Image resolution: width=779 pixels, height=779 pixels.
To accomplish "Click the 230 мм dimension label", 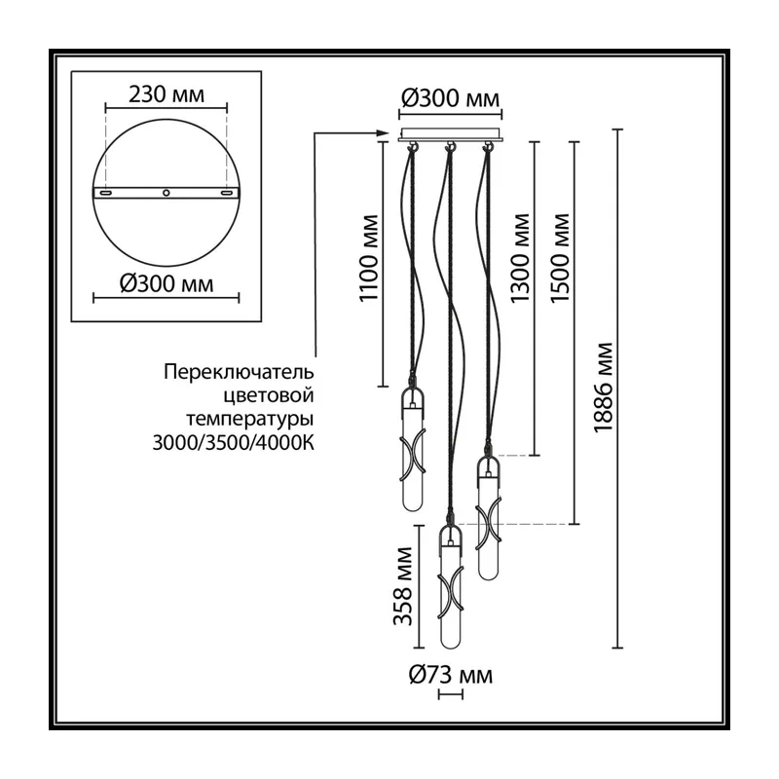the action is point(167,93).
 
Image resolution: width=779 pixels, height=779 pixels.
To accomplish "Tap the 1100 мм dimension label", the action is point(369,258).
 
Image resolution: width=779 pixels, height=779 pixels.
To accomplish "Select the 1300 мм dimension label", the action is point(520,258).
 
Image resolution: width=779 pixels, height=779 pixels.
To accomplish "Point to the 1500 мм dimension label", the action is point(559,258).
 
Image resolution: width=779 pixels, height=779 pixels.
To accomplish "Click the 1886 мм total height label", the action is point(604,388).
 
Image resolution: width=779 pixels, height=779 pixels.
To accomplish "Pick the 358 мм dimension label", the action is point(403,586).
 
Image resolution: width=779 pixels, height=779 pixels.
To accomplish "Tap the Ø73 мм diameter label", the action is point(451,675).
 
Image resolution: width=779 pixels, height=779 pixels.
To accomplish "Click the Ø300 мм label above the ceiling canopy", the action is point(450,98).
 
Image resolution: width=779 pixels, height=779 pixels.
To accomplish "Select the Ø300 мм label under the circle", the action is point(167,283).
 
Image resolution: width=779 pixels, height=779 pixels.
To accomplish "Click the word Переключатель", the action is point(239,372).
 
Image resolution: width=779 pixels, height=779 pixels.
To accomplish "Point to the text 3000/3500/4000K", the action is point(234,443).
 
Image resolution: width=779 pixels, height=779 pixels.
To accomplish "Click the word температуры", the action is point(250,420).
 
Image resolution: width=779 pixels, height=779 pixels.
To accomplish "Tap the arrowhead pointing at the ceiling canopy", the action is point(383,132).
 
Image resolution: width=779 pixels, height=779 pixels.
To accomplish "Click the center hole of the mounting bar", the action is point(167,193).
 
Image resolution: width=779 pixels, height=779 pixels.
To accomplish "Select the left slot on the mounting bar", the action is point(105,193).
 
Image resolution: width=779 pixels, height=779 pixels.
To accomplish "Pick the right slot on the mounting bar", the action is point(227,193).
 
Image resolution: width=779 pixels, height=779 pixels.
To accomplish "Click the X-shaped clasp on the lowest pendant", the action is point(450,595).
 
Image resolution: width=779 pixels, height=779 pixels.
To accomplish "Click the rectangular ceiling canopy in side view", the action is point(450,135).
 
